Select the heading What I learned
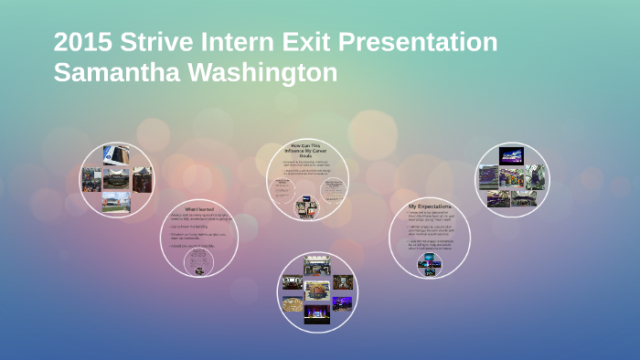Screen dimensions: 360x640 click(x=199, y=209)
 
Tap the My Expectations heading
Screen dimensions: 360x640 click(x=429, y=207)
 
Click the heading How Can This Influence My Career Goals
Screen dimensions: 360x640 click(x=307, y=150)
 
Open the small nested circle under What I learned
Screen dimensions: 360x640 click(x=198, y=262)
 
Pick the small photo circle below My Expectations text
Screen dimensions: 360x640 click(x=429, y=264)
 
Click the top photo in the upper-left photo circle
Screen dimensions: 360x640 click(x=115, y=154)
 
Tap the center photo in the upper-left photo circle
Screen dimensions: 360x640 click(x=116, y=178)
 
